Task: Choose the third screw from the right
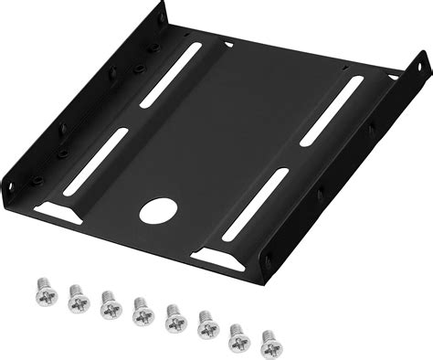point(207,326)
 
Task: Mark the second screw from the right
point(239,337)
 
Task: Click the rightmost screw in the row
point(271,344)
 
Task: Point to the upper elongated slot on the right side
point(332,110)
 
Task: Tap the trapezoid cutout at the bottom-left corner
point(58,213)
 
